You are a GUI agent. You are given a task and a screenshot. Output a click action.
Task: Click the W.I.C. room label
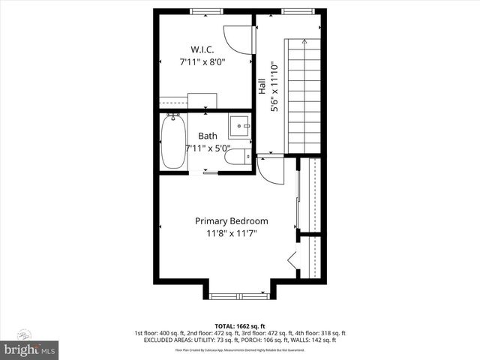point(204,49)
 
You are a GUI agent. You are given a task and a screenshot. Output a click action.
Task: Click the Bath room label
point(208,136)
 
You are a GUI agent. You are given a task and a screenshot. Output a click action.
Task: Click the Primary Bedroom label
point(231,221)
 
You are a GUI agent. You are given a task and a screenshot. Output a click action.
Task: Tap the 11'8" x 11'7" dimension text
point(231,234)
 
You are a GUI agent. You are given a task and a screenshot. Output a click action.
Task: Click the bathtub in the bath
point(172,142)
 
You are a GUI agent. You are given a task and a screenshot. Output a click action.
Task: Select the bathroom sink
point(239,125)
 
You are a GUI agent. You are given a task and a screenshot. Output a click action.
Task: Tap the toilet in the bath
point(238,157)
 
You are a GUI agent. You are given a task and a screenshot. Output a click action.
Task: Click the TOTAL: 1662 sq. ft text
point(240,326)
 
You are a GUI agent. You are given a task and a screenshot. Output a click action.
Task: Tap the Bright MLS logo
point(30,349)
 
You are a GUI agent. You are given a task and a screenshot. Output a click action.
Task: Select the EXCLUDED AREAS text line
point(240,340)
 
